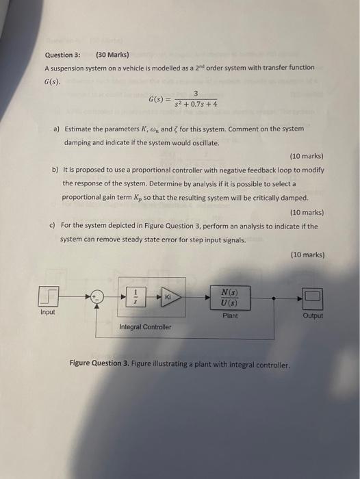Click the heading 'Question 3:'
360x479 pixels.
coord(62,54)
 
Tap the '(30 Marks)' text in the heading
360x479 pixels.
coord(112,54)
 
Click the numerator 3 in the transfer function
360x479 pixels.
coord(196,93)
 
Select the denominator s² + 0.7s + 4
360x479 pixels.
coord(196,104)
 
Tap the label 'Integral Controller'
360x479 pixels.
coord(145,327)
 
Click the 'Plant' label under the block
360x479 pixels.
coord(230,315)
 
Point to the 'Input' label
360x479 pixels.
coord(48,313)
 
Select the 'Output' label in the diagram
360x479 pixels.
coord(312,316)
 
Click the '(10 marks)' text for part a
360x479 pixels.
coord(307,155)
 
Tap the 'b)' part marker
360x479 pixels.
coord(55,170)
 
